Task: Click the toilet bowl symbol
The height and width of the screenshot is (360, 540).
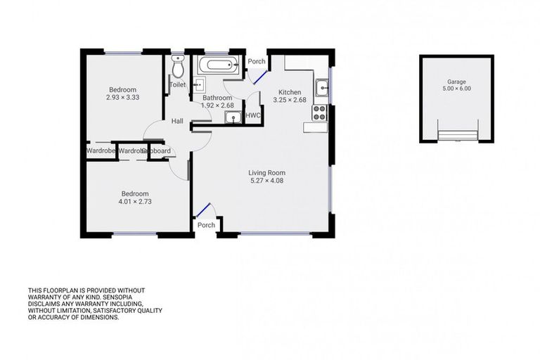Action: (178, 67)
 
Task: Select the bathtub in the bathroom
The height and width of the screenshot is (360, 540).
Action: (219, 67)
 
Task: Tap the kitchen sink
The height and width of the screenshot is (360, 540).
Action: (321, 87)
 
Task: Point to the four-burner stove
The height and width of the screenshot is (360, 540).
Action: (320, 112)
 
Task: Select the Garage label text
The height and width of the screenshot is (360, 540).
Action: (454, 82)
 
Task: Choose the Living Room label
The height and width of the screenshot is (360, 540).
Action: (266, 172)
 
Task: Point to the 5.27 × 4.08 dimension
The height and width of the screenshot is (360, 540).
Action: (266, 181)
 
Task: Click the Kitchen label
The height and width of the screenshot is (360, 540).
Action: (290, 92)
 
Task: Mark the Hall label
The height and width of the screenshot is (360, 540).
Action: (177, 121)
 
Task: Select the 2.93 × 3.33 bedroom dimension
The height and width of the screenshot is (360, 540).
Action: (123, 98)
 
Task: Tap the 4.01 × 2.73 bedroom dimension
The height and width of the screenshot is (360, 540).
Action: (134, 202)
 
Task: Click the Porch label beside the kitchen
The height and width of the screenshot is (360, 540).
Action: (257, 62)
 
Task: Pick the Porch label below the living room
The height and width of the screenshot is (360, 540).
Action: (206, 225)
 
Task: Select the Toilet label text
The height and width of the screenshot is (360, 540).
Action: (177, 85)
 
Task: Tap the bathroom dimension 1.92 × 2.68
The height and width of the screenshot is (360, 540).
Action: (217, 105)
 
